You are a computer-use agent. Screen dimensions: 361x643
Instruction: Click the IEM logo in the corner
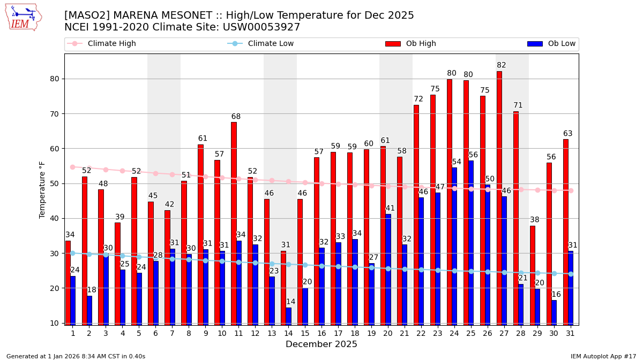click(24, 17)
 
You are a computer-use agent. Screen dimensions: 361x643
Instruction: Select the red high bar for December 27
click(499, 198)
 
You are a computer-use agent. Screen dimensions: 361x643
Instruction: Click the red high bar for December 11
click(234, 223)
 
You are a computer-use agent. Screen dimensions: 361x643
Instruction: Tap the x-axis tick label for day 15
click(305, 333)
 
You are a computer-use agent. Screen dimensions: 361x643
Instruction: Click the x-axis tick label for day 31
click(570, 333)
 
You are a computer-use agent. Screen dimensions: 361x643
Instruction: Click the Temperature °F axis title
click(42, 190)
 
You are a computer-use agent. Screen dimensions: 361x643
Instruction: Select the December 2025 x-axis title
click(321, 344)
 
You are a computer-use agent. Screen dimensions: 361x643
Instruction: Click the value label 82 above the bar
click(502, 65)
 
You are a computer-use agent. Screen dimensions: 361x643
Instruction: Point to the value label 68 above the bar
click(236, 117)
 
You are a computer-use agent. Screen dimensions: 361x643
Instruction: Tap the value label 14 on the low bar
click(290, 302)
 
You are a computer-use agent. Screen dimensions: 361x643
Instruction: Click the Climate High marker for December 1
click(72, 167)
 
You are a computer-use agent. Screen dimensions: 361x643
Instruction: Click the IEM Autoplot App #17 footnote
click(603, 356)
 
